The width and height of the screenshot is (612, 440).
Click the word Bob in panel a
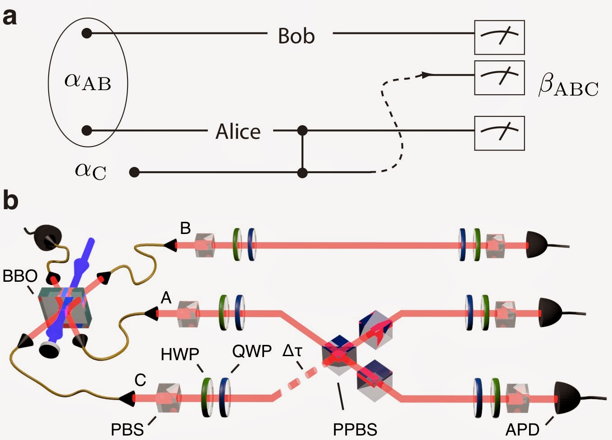(x=296, y=36)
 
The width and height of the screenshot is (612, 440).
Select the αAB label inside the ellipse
(x=88, y=82)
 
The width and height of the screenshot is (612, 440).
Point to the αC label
(x=91, y=171)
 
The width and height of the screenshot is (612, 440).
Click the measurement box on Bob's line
(x=499, y=37)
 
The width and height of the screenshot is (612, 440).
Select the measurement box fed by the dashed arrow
(x=499, y=78)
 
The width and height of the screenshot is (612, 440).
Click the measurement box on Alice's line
(x=499, y=133)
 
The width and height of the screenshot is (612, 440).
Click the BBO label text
(x=19, y=276)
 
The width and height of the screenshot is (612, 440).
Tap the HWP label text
(x=180, y=355)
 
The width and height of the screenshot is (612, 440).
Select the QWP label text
(x=252, y=351)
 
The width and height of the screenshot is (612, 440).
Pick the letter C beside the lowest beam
(x=140, y=380)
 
